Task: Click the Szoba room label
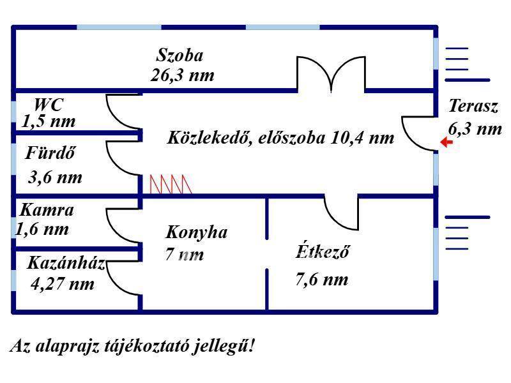(x=179, y=55)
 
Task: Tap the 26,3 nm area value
(x=183, y=75)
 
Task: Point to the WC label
(x=49, y=105)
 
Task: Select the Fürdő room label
(x=50, y=153)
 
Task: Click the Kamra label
(x=47, y=210)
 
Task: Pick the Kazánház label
(x=66, y=262)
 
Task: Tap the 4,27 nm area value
(x=63, y=283)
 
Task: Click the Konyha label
(x=197, y=232)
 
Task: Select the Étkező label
(x=323, y=251)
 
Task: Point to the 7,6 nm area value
(x=322, y=280)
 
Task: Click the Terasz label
(x=473, y=106)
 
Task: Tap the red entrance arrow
(x=446, y=142)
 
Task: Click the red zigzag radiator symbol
(x=171, y=184)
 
